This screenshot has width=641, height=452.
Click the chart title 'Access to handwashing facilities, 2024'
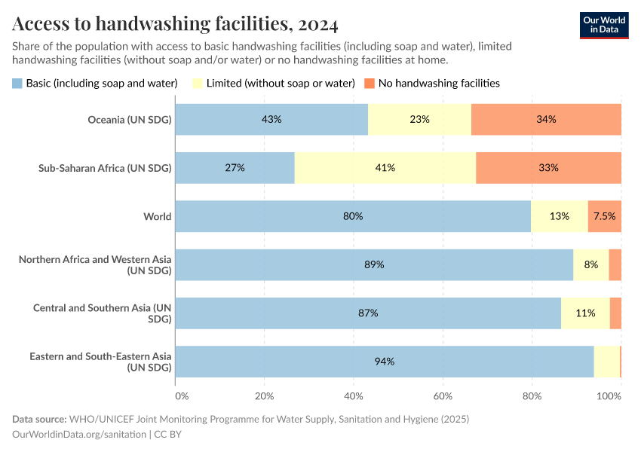175,24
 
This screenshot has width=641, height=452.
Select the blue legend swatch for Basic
17,83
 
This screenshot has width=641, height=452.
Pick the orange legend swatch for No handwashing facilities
370,83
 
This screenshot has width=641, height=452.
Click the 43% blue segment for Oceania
271,119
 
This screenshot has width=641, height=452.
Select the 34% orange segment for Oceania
546,119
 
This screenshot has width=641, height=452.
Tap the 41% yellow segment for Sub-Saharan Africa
385,168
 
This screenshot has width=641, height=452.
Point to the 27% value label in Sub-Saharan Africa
235,168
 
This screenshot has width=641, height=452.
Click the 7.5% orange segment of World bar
604,216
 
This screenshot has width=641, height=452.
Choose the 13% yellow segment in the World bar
559,216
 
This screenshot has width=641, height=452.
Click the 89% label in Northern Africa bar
374,264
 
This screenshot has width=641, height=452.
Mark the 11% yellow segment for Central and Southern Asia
585,313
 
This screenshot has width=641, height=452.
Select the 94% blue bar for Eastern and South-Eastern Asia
385,362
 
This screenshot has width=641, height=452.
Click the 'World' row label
158,216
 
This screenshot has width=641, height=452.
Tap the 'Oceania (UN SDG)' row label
130,119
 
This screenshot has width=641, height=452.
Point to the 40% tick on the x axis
353,395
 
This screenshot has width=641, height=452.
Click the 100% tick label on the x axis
609,395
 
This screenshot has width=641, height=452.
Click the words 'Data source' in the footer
38,419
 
